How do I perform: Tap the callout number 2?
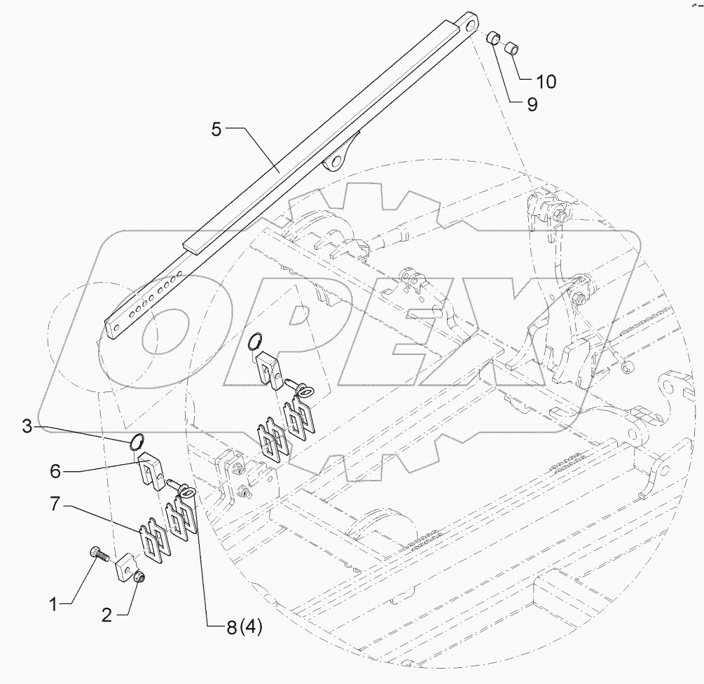tap(107, 615)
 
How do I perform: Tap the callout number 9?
tap(532, 105)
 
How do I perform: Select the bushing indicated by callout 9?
tap(495, 39)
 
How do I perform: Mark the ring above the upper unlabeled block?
tap(256, 342)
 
